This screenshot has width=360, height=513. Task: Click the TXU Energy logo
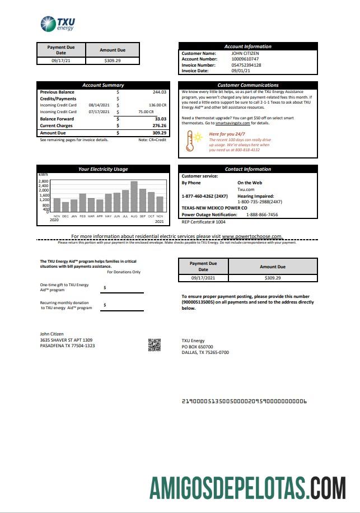tap(58, 24)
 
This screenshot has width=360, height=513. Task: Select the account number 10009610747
tap(246, 59)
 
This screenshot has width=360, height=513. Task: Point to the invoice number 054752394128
tap(246, 65)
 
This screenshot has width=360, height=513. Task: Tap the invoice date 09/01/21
tap(241, 71)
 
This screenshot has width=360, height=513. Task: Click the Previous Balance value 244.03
tap(159, 92)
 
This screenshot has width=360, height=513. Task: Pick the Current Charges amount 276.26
tap(159, 125)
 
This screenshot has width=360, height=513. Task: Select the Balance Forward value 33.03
tap(160, 119)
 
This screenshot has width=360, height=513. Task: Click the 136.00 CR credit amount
tap(157, 105)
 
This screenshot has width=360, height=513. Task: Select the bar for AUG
tap(134, 196)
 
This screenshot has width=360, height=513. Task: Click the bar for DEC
tap(66, 207)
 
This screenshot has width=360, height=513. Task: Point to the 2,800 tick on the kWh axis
tap(44, 181)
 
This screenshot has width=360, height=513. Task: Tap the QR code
tap(155, 345)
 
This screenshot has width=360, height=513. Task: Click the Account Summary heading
tap(103, 85)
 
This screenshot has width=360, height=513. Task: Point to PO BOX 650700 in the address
tap(197, 347)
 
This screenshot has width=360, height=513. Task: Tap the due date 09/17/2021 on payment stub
tap(203, 277)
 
